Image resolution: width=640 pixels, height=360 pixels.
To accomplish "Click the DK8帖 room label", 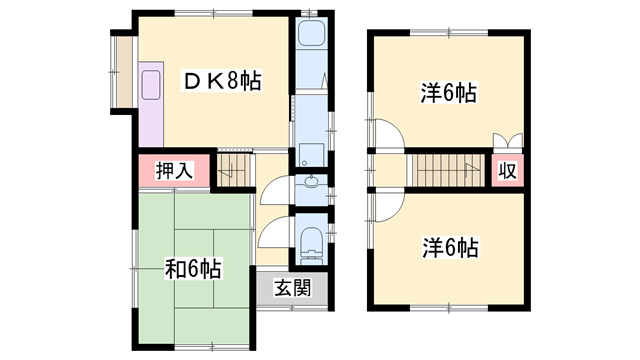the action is (222, 81).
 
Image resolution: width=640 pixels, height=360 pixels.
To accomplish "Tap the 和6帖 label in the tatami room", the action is (193, 269).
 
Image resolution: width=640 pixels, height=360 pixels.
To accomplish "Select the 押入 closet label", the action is (174, 171).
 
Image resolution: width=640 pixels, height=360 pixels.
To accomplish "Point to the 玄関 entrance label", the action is (293, 288).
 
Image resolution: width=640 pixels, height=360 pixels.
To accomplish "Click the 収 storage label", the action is (508, 171).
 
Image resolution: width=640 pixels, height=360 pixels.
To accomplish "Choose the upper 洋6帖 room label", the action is (449, 93).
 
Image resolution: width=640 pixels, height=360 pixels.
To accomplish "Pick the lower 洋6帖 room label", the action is (450, 248).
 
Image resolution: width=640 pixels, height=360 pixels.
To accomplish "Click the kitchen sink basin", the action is (151, 85).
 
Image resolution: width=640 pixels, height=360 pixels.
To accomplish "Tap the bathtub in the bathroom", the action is (312, 33).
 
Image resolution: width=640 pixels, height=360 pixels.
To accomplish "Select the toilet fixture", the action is (312, 244).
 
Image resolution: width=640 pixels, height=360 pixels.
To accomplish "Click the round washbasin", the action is (312, 182).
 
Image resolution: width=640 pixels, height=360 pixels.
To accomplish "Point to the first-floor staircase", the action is (233, 170).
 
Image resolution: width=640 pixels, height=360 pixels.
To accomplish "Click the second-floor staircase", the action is (446, 171).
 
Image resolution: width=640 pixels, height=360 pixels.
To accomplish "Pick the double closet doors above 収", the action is (508, 141).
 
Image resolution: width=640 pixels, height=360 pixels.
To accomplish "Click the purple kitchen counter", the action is (151, 104).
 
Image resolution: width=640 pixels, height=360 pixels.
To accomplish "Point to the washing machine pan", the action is (312, 155).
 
